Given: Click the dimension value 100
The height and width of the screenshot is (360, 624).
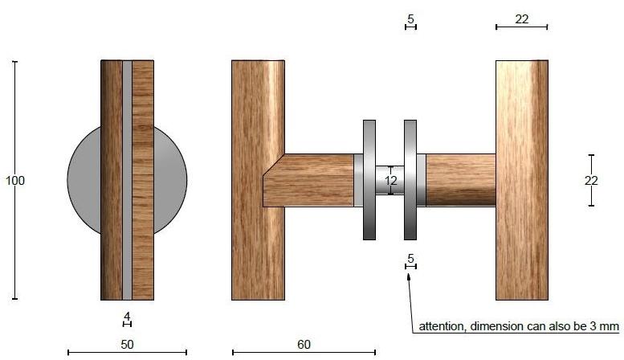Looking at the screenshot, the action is (15, 180).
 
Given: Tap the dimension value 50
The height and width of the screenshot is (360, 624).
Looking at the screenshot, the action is (127, 345).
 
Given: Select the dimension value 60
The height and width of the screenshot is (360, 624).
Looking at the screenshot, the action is (304, 345).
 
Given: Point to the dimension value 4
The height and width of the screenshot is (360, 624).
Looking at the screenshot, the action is (127, 316).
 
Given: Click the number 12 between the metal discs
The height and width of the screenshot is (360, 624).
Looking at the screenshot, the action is (391, 181).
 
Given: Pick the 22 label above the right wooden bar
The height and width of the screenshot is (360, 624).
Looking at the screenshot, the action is (521, 18).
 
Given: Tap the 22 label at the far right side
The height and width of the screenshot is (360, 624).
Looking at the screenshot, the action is (591, 181).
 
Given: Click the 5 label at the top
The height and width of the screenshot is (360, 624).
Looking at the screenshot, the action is (410, 18).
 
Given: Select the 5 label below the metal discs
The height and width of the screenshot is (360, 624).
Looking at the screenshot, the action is (410, 259).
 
